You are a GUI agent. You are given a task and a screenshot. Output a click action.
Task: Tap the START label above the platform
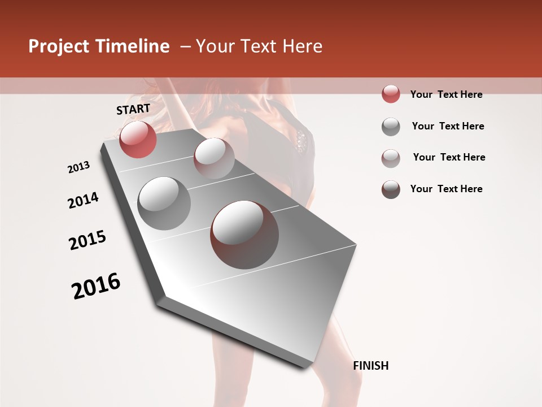pos(133,109)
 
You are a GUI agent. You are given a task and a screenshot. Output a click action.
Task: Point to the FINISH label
pos(371,366)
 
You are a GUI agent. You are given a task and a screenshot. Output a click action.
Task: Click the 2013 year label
pos(79,167)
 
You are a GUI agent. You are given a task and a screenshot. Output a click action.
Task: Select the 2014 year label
pos(83,200)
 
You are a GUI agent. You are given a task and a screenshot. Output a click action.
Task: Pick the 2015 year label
pos(88,240)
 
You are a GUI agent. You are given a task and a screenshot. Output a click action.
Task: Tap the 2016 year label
pos(96,285)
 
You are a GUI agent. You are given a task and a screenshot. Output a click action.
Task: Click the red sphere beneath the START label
pos(138,139)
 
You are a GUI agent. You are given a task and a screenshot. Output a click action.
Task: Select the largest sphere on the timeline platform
pos(244,234)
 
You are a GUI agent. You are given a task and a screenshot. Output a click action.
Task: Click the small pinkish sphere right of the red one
pos(214,158)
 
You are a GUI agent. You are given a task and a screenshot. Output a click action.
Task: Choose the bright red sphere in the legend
pos(391,94)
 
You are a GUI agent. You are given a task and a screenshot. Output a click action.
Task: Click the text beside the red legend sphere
pos(446,94)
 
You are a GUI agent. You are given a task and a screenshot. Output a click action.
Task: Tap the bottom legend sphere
pos(391,189)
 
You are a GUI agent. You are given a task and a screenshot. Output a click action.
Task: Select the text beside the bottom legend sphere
pos(446,189)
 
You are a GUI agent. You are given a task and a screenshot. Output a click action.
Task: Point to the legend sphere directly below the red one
pos(391,127)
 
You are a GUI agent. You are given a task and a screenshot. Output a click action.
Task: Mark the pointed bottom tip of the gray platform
pos(305,366)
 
